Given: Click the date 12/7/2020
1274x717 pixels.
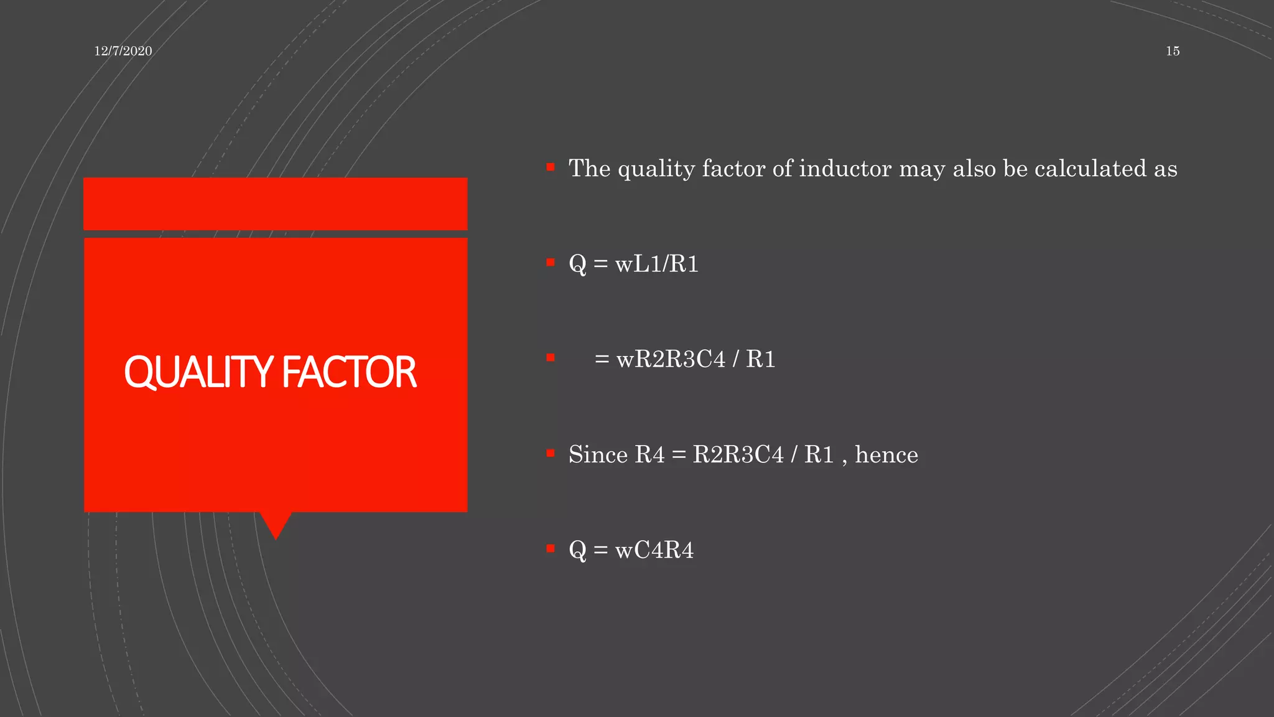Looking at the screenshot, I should click(123, 51).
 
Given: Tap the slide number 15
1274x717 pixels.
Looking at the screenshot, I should click(1173, 51).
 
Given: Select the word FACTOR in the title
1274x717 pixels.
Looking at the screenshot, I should click(349, 372).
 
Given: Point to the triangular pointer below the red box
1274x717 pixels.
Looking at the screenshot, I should click(276, 524).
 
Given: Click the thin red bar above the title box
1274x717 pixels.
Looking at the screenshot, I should click(276, 204).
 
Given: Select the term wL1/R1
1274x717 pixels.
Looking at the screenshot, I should click(657, 265).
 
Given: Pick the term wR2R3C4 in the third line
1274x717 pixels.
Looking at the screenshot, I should click(671, 360).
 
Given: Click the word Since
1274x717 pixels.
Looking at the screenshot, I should click(598, 455).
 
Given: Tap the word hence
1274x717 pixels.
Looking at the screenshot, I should click(886, 455).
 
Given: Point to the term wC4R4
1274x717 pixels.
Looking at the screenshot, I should click(654, 550).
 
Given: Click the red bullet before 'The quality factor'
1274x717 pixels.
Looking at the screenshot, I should click(551, 167).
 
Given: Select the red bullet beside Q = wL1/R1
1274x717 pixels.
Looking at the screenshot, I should click(551, 262).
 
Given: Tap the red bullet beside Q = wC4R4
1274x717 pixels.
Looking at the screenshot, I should click(551, 548).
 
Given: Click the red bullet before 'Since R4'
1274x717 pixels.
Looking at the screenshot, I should click(551, 453).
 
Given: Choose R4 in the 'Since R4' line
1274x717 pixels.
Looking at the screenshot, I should click(649, 455).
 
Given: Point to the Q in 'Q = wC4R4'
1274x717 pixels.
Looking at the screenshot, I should click(577, 550).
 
